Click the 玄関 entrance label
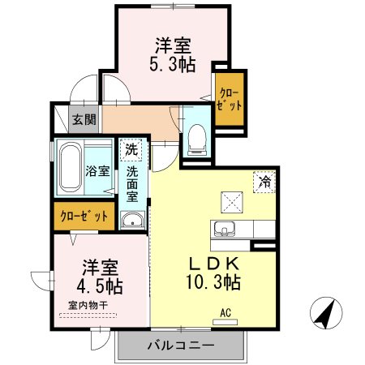[84, 119]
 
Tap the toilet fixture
[195, 139]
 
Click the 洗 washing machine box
[131, 149]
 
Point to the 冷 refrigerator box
[264, 182]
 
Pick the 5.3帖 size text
[174, 65]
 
